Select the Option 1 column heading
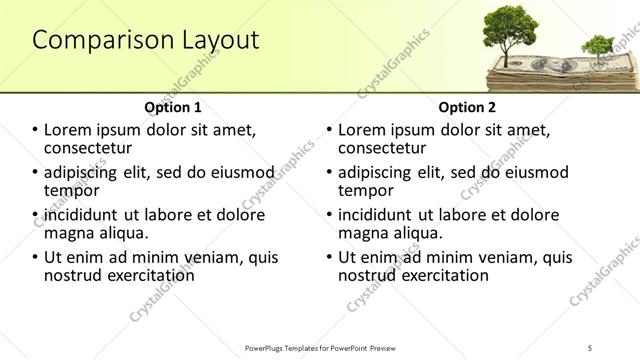[x=173, y=107]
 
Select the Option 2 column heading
[x=466, y=107]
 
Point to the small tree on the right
[x=597, y=45]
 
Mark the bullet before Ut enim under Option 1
[x=36, y=257]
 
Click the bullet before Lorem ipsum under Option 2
[x=330, y=130]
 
